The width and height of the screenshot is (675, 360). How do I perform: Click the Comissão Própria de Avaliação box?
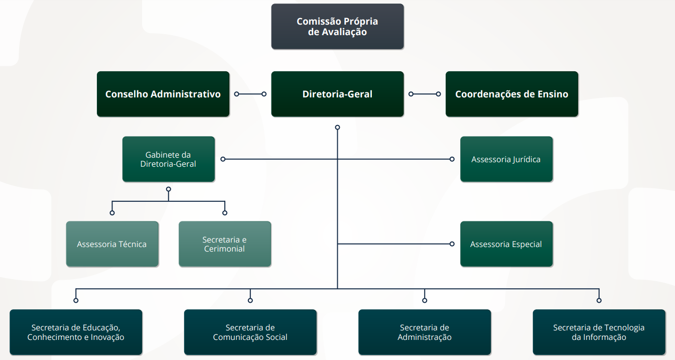click(x=337, y=27)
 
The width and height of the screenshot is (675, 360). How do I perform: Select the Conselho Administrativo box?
click(x=163, y=94)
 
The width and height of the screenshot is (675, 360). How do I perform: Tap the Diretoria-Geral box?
click(x=337, y=94)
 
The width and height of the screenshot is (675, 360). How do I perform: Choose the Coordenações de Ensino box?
click(x=511, y=94)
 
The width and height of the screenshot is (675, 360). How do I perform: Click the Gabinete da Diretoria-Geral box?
click(x=168, y=159)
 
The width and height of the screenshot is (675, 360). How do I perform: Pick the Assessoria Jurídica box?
click(x=506, y=159)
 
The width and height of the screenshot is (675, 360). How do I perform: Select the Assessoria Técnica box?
click(x=112, y=244)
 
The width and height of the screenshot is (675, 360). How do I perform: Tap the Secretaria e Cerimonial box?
click(x=224, y=244)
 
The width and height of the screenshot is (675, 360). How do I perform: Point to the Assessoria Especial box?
click(x=506, y=244)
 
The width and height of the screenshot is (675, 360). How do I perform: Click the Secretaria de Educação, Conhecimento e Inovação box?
click(x=76, y=332)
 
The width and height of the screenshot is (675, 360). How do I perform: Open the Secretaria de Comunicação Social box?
click(x=250, y=332)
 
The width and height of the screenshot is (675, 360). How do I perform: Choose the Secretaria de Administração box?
click(x=425, y=332)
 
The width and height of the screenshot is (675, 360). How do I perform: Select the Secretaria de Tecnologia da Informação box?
click(x=599, y=332)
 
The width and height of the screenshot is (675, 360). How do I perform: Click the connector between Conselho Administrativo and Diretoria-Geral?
click(x=250, y=94)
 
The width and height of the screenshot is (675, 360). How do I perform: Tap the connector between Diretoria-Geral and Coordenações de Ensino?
click(x=425, y=94)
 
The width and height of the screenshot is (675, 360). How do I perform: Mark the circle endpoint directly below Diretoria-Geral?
click(x=337, y=128)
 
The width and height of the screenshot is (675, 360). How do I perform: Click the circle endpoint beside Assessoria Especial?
click(x=452, y=244)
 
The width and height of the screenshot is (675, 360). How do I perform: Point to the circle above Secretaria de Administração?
click(x=425, y=300)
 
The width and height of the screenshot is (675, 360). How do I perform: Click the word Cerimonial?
click(x=224, y=249)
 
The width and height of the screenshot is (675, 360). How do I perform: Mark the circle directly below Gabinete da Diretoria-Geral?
click(x=168, y=189)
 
